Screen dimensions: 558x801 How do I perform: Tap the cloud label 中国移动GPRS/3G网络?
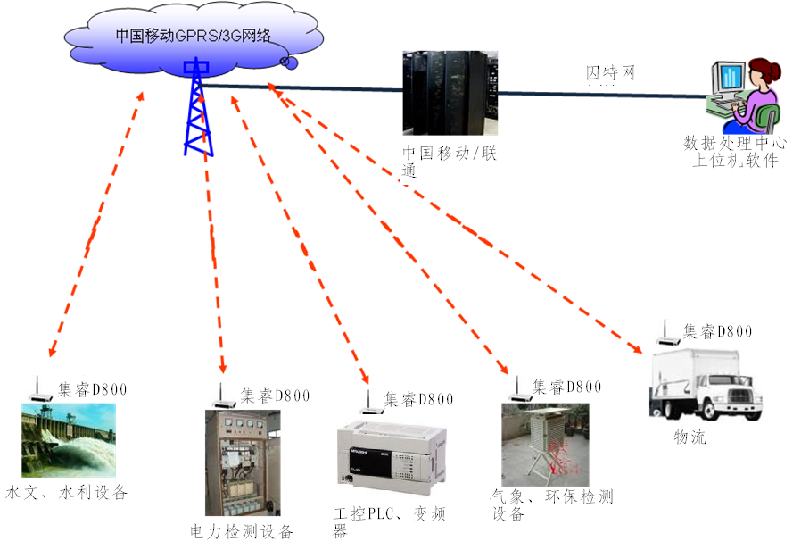pyautogui.click(x=193, y=36)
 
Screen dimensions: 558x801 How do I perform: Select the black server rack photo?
pyautogui.click(x=449, y=93)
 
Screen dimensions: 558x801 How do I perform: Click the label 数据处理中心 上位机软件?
pyautogui.click(x=735, y=151)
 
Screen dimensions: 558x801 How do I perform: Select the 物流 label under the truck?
pyautogui.click(x=690, y=437)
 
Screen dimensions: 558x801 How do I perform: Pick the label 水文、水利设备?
pyautogui.click(x=67, y=492)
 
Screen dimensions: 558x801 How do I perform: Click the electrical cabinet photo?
pyautogui.click(x=242, y=462)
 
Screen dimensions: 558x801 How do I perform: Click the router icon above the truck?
pyautogui.click(x=664, y=333)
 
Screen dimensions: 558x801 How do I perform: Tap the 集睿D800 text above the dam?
pyautogui.click(x=93, y=389)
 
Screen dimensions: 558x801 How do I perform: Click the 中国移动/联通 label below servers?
pyautogui.click(x=449, y=162)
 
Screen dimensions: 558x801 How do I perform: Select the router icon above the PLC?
pyautogui.click(x=366, y=401)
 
